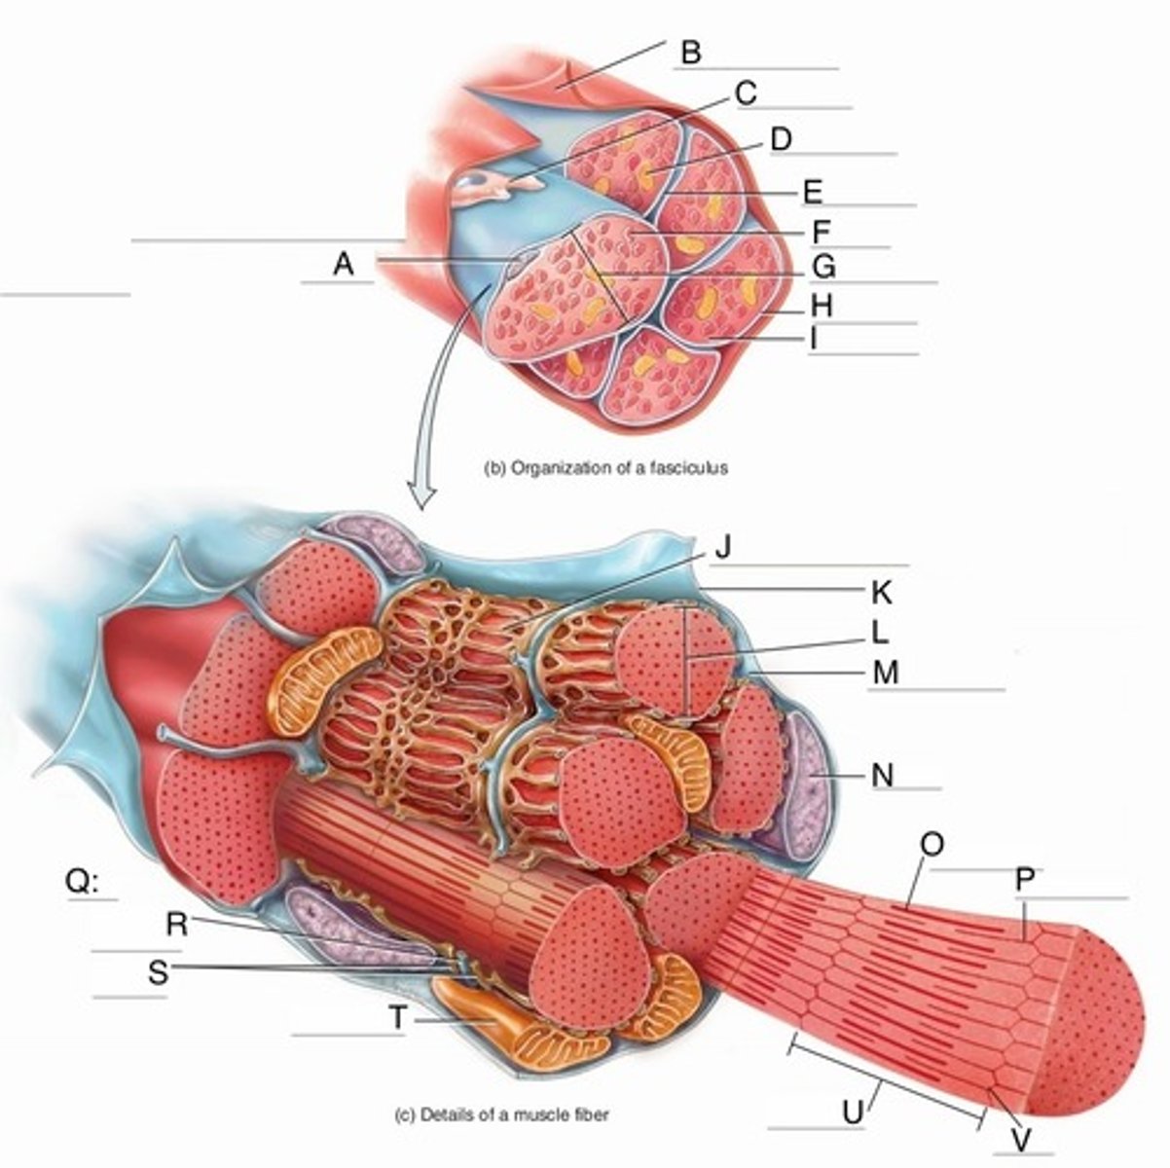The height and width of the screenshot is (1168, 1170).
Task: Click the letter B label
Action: coord(690,52)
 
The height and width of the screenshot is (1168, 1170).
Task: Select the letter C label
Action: coord(745,93)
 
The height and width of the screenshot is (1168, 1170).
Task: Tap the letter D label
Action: coord(780,140)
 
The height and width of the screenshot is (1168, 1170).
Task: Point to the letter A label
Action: coord(342,264)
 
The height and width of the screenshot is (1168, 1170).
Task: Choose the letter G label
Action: coord(823,266)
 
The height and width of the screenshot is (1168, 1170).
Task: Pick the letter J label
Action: coord(721,548)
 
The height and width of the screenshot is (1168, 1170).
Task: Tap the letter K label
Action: coord(881,592)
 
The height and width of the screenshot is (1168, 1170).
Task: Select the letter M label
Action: coord(885,672)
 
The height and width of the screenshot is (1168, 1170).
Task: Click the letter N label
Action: coord(883,776)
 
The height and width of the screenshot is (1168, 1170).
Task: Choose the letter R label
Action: coord(176,925)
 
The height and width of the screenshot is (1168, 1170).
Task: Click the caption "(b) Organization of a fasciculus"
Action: coord(605,467)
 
